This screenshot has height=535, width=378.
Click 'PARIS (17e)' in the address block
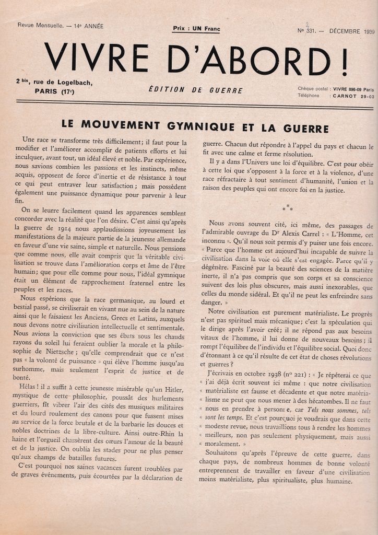pyautogui.click(x=55, y=91)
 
